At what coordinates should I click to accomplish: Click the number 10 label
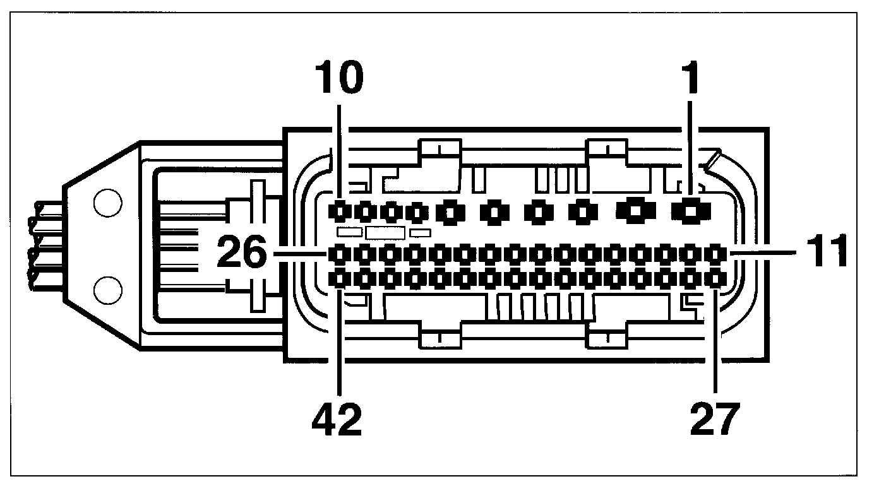[340, 78]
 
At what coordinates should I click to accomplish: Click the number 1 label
[691, 78]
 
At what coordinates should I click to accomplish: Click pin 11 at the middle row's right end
[714, 254]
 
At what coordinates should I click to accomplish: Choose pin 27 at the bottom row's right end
[714, 276]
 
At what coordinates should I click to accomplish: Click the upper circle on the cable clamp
[107, 203]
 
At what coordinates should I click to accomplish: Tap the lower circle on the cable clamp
[107, 290]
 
